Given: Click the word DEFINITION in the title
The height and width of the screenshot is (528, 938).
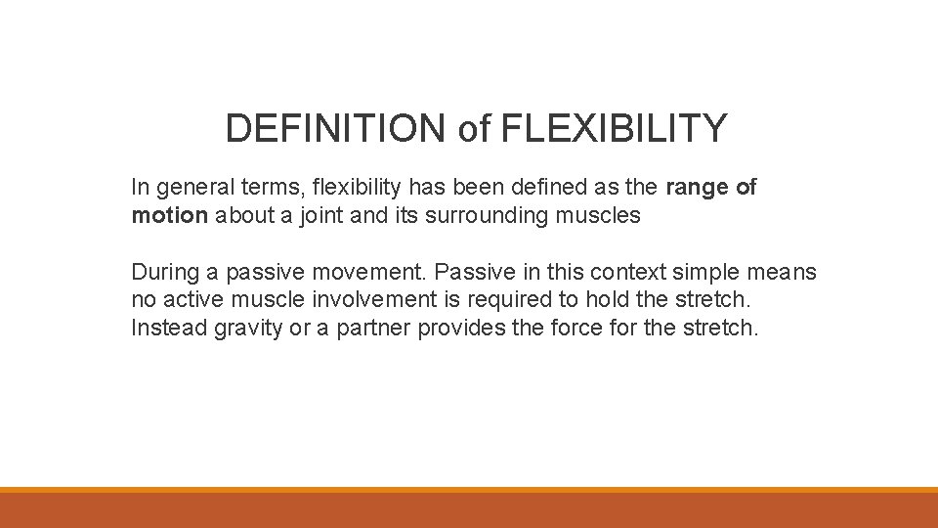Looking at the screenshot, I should coord(336,128).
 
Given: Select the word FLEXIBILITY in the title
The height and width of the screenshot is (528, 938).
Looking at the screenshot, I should coord(614,128).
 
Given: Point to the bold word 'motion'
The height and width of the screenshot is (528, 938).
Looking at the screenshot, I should coord(169,215).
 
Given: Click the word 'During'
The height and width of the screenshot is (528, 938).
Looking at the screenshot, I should coord(163,271).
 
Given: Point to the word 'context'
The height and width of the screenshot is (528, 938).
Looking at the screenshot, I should coord(625,271).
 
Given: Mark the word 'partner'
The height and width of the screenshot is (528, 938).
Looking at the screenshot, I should coord(374,328).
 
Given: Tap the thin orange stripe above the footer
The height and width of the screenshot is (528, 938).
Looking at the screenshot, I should coord(469,490).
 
